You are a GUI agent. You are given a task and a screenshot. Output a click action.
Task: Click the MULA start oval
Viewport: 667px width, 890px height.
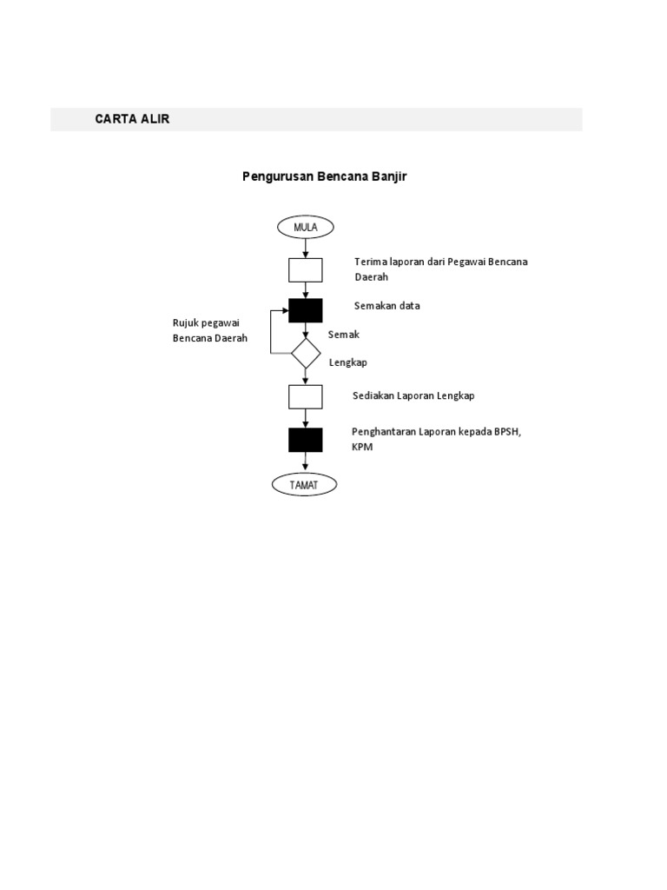coord(305,227)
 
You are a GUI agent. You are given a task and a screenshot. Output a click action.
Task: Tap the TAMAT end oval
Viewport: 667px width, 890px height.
coord(304,485)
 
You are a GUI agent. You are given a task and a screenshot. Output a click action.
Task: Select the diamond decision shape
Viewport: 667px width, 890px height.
coord(306,353)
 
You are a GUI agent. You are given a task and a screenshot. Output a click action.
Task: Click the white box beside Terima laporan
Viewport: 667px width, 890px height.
coord(305,270)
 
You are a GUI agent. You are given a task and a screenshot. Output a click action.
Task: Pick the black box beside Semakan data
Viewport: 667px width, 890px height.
coord(305,310)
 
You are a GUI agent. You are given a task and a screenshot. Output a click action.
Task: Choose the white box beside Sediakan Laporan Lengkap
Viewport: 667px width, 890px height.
coord(305,396)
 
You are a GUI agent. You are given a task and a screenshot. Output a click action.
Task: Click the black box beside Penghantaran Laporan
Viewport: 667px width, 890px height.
coord(305,440)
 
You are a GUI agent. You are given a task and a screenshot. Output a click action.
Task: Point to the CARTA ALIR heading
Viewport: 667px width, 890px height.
coord(132,118)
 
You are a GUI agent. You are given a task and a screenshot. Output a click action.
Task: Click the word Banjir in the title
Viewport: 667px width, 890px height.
coord(389,176)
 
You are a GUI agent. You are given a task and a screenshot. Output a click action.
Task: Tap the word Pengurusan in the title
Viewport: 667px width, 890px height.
coord(278,176)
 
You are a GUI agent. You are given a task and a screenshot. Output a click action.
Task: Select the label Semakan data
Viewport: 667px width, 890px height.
coord(386,305)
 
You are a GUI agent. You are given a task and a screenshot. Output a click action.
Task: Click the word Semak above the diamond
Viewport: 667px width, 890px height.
coord(344,335)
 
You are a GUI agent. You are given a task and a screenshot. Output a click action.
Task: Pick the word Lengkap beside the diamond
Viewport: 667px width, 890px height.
coord(347,362)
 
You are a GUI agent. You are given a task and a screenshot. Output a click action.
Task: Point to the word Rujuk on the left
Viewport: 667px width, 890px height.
coord(186,323)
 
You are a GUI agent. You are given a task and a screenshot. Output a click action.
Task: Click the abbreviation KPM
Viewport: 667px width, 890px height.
coord(362,447)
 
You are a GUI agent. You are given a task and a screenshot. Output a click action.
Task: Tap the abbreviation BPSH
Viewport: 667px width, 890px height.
coord(507,432)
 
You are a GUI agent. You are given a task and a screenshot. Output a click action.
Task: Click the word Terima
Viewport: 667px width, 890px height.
coord(371,262)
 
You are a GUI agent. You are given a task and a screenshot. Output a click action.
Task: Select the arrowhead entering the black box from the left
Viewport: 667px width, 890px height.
coord(285,310)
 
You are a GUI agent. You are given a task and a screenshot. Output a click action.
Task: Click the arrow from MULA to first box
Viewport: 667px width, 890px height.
coord(305,249)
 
